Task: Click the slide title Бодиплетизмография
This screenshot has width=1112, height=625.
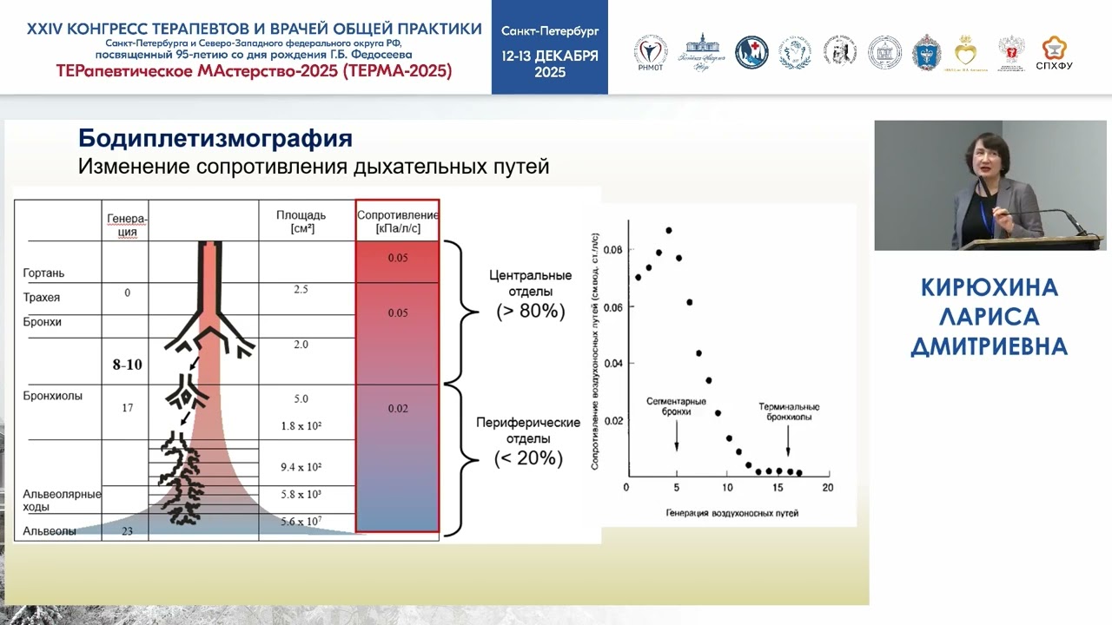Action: point(215,139)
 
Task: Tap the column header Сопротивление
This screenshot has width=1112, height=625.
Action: point(397,214)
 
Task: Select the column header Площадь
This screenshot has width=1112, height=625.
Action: point(301,215)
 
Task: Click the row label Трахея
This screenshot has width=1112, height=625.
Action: point(42,298)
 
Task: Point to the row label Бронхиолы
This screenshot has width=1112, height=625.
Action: point(52,396)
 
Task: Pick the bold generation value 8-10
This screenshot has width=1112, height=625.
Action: point(127,365)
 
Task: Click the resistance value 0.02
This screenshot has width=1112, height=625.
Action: point(397,408)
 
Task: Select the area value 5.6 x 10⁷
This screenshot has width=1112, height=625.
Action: point(301,521)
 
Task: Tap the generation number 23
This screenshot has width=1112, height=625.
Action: point(127,531)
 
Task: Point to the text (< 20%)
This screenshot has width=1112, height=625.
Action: point(528,457)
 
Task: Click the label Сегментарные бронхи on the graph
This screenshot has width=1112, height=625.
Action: point(676,407)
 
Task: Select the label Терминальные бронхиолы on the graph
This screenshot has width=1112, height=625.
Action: point(789,411)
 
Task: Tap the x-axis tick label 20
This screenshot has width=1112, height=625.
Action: point(827,488)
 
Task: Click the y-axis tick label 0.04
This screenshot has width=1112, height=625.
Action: point(613,364)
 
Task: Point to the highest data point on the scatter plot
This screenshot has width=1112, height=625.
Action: point(668,230)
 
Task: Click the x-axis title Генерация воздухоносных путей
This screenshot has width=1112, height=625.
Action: point(731,513)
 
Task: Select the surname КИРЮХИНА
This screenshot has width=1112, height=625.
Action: point(989,288)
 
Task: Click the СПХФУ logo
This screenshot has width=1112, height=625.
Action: point(1054,53)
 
